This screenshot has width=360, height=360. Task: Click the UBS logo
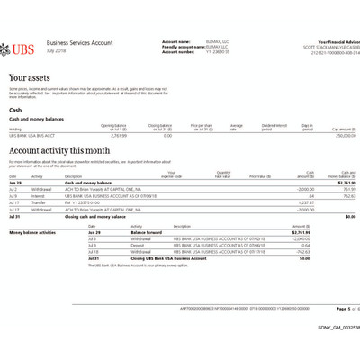(x=22, y=48)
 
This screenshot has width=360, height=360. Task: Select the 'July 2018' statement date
(x=56, y=50)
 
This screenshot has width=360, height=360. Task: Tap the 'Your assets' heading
(x=29, y=79)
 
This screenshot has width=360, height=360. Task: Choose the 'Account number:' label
(x=177, y=51)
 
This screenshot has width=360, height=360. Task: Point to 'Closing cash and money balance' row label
(x=94, y=217)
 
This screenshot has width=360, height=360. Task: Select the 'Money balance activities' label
(x=33, y=232)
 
